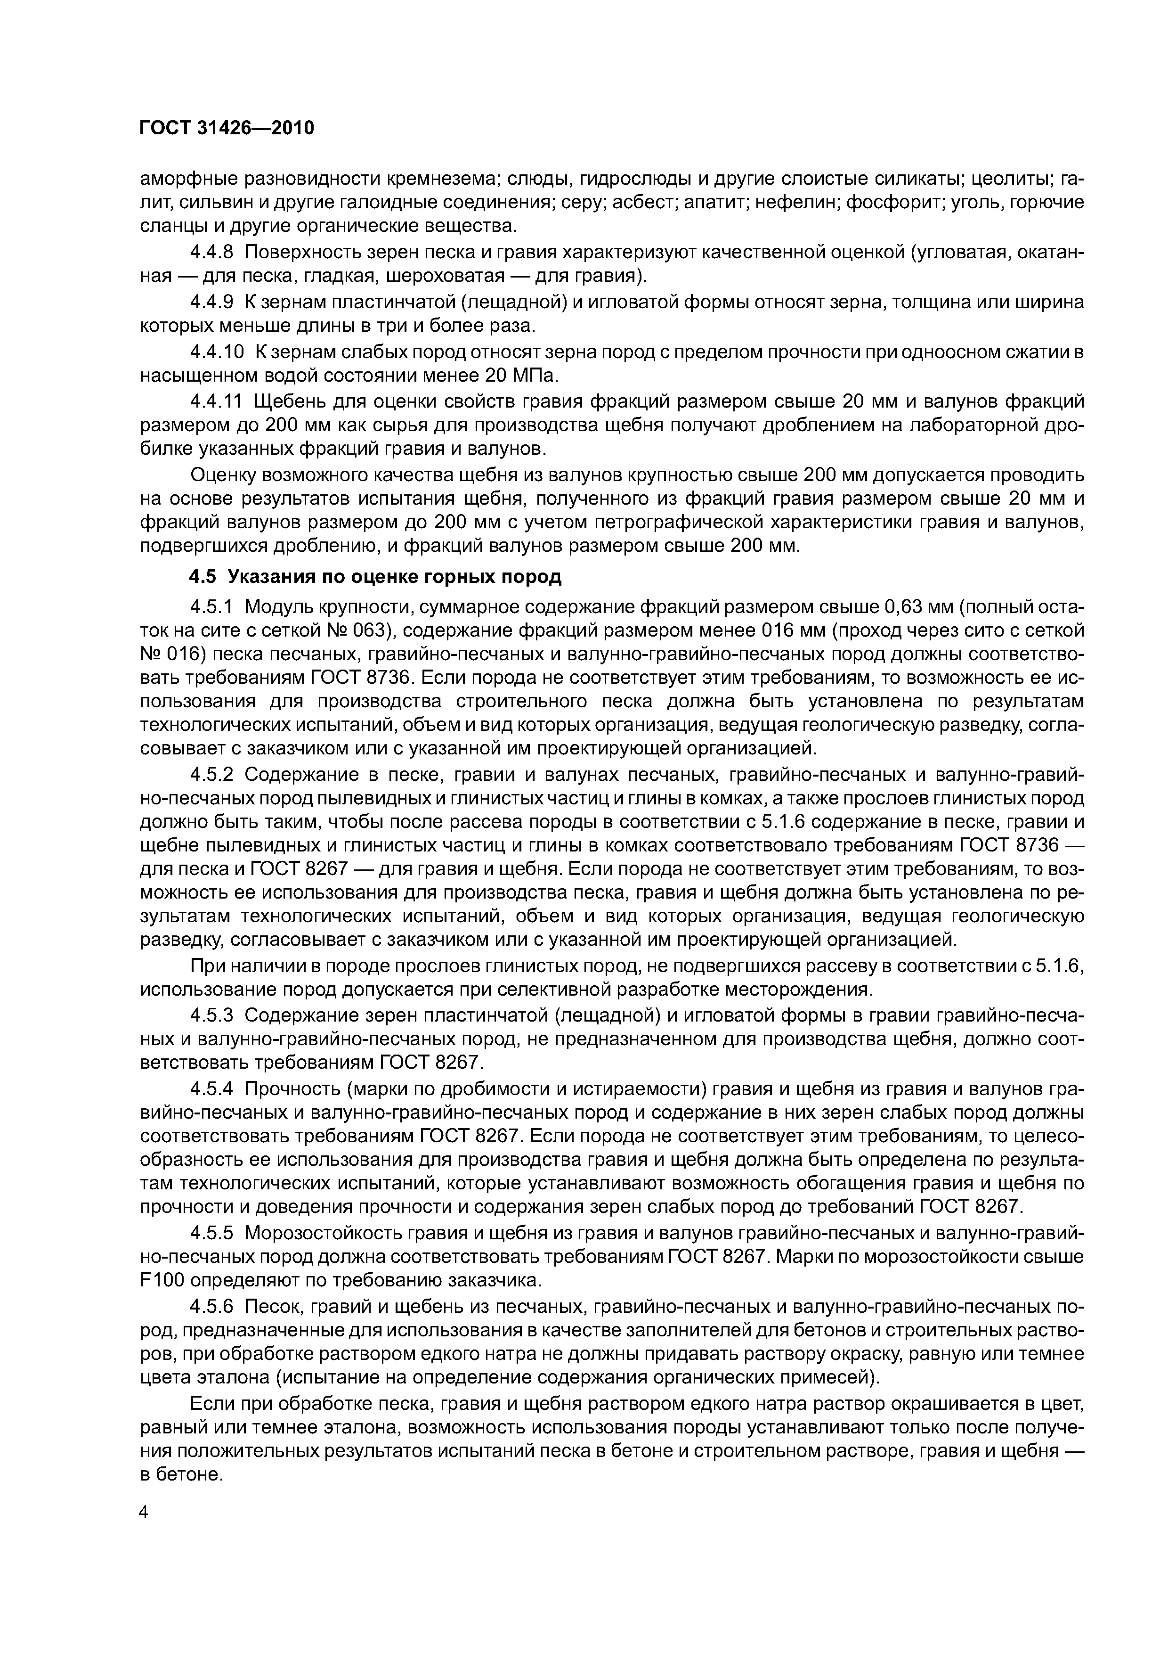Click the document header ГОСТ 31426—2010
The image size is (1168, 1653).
pos(227,128)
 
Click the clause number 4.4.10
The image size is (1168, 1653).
pos(216,352)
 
